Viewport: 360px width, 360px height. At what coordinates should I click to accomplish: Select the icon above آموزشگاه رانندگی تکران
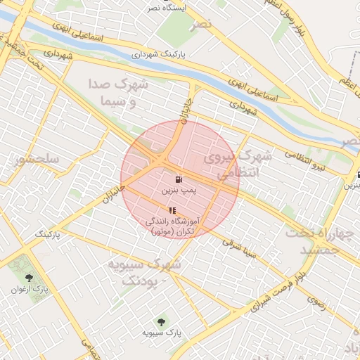(172, 210)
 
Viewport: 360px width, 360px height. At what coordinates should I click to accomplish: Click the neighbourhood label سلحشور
(36, 160)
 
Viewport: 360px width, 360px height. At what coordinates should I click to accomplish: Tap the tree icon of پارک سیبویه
(162, 322)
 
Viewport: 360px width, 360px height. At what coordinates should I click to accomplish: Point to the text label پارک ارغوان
(30, 289)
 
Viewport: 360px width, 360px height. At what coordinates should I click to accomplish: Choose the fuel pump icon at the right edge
(358, 176)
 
